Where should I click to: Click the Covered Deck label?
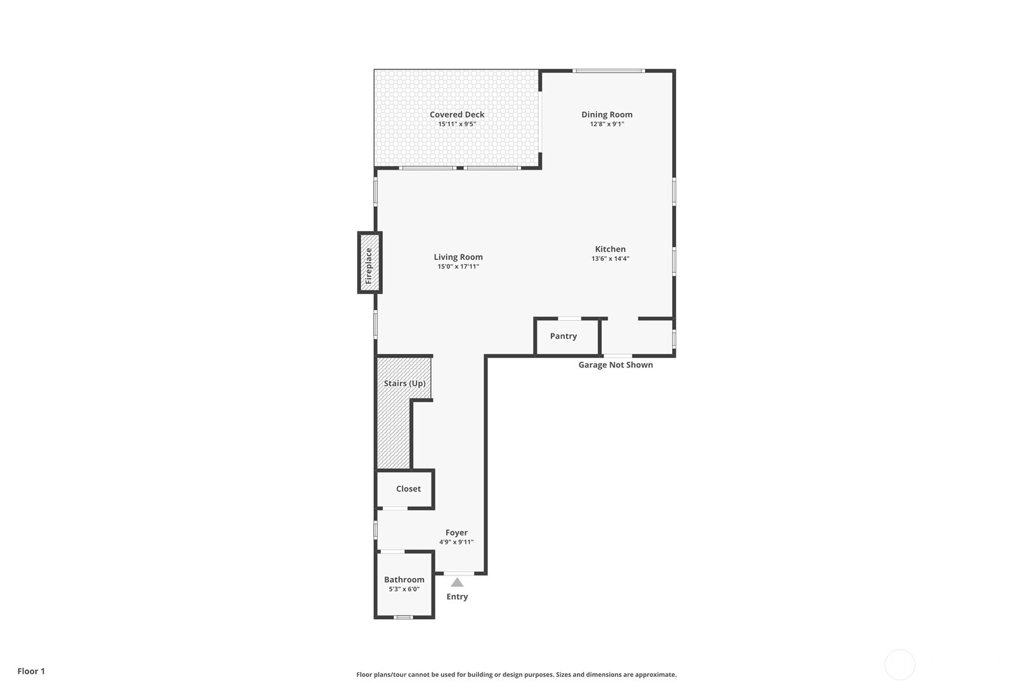[x=457, y=114]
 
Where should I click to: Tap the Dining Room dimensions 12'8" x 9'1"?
[x=606, y=124]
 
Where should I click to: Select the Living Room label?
[x=458, y=257]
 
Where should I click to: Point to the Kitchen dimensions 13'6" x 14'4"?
[x=610, y=259]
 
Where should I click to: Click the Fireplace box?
[x=369, y=263]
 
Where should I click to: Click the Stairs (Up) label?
[x=404, y=383]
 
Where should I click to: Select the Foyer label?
[x=456, y=532]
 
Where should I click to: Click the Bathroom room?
[x=404, y=584]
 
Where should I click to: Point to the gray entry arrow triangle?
[x=457, y=582]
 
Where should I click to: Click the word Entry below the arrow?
[x=457, y=597]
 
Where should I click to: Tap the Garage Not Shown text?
[x=615, y=365]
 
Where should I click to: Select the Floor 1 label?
[x=31, y=671]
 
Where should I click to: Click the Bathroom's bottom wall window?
[x=403, y=617]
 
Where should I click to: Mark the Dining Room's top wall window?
[x=608, y=71]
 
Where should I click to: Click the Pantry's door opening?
[x=570, y=318]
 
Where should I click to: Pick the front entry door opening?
[x=458, y=573]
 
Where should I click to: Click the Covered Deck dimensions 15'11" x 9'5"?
[x=457, y=124]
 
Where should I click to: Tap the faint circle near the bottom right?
[x=899, y=664]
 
